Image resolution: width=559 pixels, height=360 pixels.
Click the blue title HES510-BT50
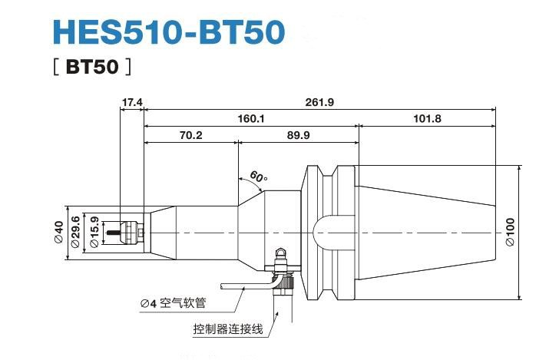169,32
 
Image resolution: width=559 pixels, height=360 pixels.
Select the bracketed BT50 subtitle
92,67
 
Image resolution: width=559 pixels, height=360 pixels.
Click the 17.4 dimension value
132,102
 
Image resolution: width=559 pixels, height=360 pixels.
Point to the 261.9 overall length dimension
319,102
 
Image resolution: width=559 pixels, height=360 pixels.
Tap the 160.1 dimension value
251,119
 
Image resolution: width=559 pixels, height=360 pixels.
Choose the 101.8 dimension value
427,119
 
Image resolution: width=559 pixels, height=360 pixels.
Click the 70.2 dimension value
191,135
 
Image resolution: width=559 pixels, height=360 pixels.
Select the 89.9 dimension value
299,135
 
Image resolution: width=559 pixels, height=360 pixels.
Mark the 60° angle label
259,177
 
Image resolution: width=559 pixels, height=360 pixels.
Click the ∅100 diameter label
511,232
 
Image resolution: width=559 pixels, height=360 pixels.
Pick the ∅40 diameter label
59,232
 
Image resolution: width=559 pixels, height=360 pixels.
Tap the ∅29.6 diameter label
75,232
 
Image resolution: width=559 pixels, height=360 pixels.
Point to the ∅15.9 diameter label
94,232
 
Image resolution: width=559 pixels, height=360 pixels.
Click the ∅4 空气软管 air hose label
174,303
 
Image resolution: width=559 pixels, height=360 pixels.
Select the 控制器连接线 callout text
228,329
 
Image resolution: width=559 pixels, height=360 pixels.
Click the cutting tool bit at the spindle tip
114,233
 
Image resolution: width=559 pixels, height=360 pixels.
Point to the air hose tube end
222,286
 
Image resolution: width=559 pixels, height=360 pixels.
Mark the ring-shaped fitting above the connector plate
282,253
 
